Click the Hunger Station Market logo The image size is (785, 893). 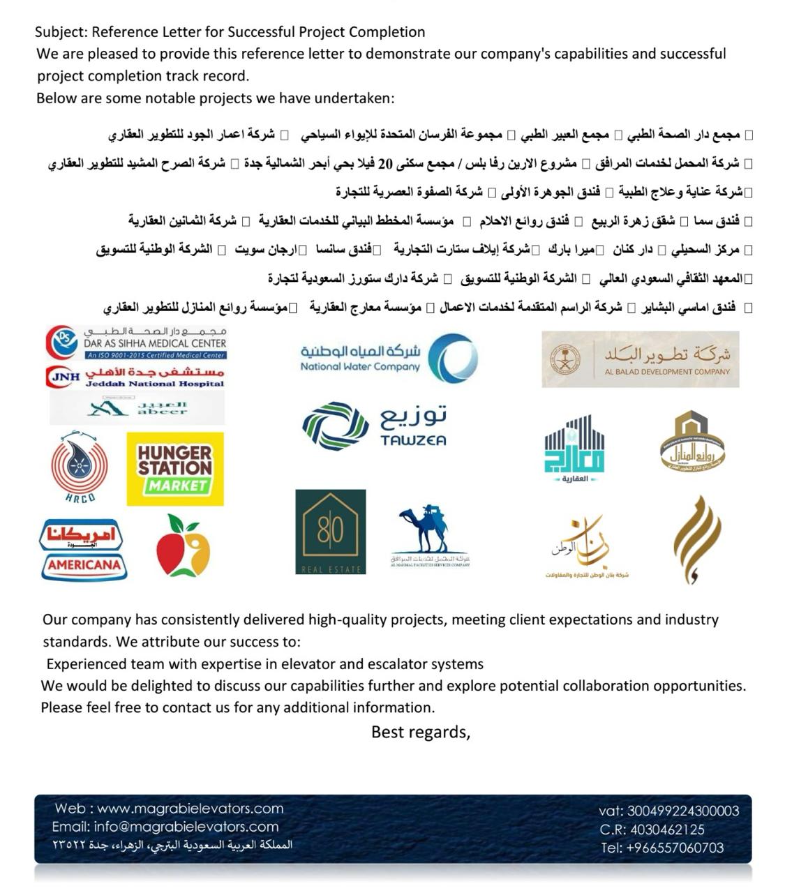[x=175, y=469]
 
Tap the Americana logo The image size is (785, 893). [x=82, y=550]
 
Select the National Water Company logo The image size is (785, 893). [x=389, y=358]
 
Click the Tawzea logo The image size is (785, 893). [x=374, y=426]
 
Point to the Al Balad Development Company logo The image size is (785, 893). [x=640, y=359]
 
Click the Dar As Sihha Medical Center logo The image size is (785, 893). [x=136, y=343]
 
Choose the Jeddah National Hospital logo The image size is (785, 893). [x=136, y=377]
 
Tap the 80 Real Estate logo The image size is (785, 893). [x=330, y=532]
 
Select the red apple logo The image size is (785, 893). [x=183, y=546]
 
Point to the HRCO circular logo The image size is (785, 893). [x=80, y=467]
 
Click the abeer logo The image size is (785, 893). [x=137, y=408]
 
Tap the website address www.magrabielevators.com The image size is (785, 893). [x=190, y=809]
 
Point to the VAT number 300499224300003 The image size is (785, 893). [x=682, y=811]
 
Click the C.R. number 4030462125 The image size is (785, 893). [x=667, y=830]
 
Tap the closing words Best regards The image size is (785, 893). [x=420, y=732]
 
